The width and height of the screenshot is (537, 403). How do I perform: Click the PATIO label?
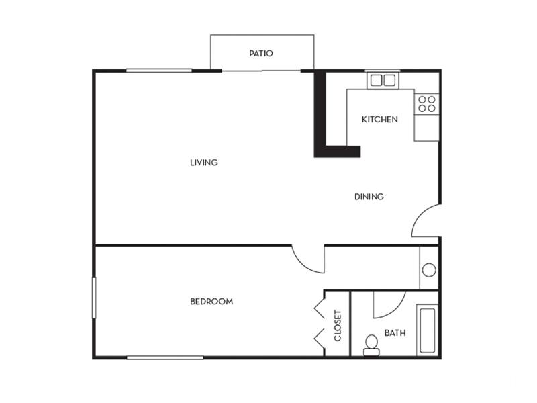[x=261, y=54]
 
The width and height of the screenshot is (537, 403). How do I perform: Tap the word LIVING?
[x=204, y=162]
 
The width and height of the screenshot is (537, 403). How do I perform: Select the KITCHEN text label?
[x=380, y=120]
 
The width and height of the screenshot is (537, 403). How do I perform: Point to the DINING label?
[x=369, y=197]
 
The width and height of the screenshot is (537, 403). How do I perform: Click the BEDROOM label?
[x=211, y=302]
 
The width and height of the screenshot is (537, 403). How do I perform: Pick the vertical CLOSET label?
[x=338, y=326]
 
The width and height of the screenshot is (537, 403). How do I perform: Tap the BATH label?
[x=395, y=332]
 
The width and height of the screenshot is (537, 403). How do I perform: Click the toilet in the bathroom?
[x=372, y=345]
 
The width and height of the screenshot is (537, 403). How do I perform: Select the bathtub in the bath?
[x=427, y=330]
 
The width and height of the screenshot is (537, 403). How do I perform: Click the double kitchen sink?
[x=383, y=81]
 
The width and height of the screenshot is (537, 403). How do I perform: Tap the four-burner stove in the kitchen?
[x=427, y=104]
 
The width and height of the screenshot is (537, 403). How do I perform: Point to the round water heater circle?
[x=429, y=270]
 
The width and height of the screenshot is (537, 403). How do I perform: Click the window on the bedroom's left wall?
[x=94, y=298]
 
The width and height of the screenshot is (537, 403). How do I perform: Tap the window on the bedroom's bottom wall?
[x=165, y=358]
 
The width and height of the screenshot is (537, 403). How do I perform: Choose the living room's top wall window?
[x=159, y=71]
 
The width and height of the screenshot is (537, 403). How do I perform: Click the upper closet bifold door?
[x=320, y=309]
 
